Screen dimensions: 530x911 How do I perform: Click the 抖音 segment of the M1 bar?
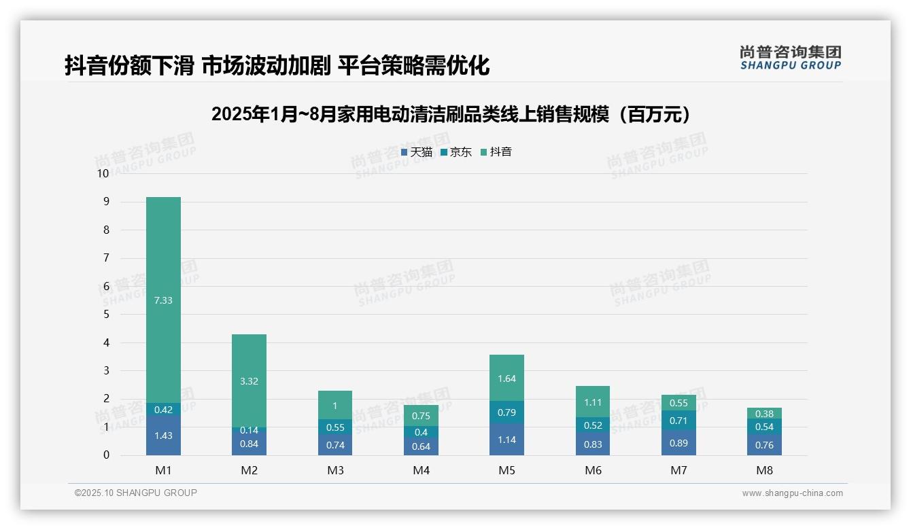pyautogui.click(x=163, y=300)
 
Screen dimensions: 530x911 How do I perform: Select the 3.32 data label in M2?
pyautogui.click(x=249, y=381)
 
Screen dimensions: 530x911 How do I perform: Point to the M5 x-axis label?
pyautogui.click(x=506, y=470)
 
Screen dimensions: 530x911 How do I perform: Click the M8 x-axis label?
pyautogui.click(x=764, y=470)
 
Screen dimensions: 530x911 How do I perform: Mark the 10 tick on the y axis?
pyautogui.click(x=103, y=173)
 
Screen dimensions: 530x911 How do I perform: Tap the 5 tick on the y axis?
pyautogui.click(x=106, y=315)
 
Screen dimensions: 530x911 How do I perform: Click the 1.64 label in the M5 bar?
pyautogui.click(x=506, y=378)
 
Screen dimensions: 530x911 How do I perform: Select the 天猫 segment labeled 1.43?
pyautogui.click(x=163, y=436)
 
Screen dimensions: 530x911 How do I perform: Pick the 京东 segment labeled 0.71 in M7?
pyautogui.click(x=678, y=421)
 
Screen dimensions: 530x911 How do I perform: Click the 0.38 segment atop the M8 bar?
pyautogui.click(x=764, y=414)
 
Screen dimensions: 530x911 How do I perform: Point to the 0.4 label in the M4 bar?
pyautogui.click(x=421, y=432)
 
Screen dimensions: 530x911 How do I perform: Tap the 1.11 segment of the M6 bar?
pyautogui.click(x=592, y=402)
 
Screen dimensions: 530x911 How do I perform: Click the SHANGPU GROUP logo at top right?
pyautogui.click(x=790, y=57)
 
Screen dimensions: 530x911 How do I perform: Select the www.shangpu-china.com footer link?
pyautogui.click(x=792, y=493)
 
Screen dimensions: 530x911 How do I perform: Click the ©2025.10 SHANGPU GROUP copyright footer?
pyautogui.click(x=136, y=493)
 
